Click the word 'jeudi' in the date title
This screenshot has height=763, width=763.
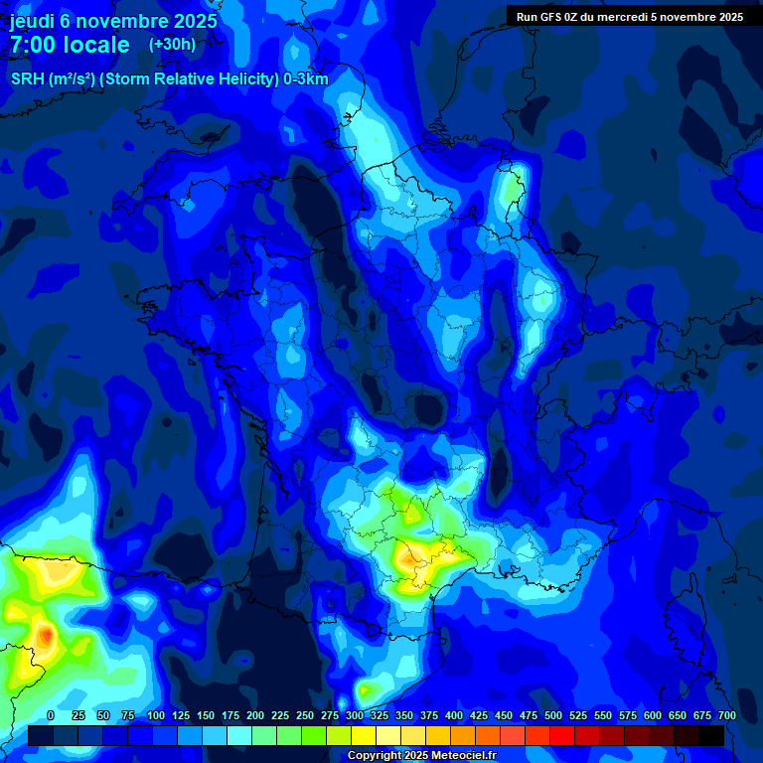32,21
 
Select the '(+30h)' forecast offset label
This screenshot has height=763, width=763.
172,44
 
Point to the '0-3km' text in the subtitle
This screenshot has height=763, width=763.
306,79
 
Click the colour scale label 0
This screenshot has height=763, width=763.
51,715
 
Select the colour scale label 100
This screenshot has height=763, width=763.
156,715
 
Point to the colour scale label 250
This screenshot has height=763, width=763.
305,715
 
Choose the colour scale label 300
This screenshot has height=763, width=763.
355,715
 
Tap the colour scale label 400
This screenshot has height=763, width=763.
454,715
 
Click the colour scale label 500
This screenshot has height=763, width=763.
553,715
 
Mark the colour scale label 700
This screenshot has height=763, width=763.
727,715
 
